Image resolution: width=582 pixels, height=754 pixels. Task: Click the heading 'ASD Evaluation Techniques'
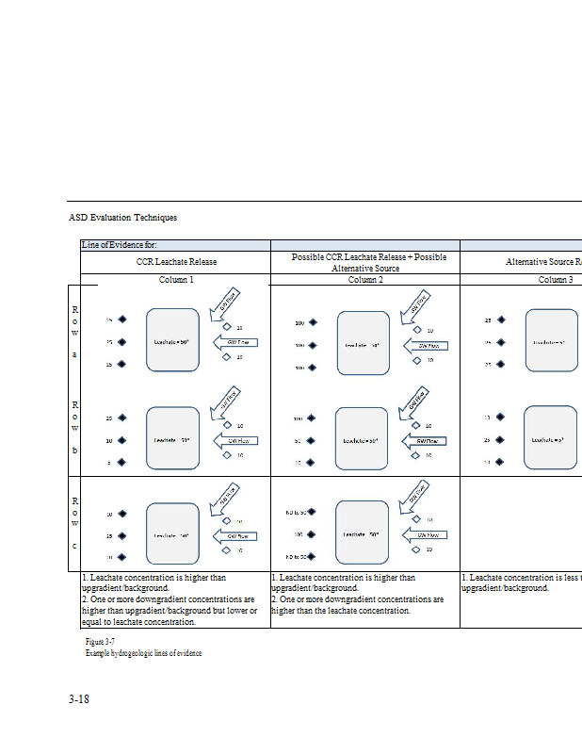click(x=122, y=218)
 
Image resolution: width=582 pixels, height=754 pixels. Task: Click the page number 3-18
click(x=79, y=699)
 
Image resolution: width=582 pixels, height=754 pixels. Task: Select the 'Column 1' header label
click(x=176, y=280)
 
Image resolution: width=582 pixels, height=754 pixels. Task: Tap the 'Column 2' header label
click(x=364, y=280)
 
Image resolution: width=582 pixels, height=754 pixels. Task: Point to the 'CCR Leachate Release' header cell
click(x=176, y=261)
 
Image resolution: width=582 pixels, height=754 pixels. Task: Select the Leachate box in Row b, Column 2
click(x=362, y=439)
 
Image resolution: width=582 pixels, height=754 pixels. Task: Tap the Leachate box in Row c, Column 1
click(x=172, y=534)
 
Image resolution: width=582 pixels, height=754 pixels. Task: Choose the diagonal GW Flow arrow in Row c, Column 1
click(x=230, y=494)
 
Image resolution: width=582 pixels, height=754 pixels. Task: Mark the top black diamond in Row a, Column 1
click(x=121, y=320)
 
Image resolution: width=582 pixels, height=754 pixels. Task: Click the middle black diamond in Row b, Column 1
click(x=121, y=440)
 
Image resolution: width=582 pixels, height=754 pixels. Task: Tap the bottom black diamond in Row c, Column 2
click(x=312, y=557)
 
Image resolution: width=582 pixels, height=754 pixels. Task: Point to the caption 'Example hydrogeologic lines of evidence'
click(x=143, y=652)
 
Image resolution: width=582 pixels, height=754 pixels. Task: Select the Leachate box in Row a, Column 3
click(x=551, y=340)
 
